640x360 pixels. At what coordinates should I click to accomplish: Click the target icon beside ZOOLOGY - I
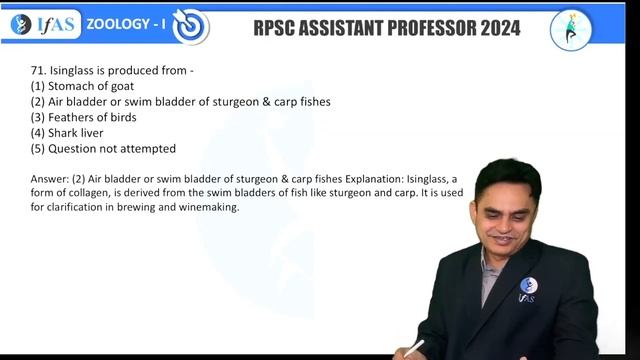pyautogui.click(x=190, y=27)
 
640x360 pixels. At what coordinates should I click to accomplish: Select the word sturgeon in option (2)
pyautogui.click(x=230, y=102)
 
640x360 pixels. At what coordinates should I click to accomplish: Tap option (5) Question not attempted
pyautogui.click(x=103, y=148)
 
